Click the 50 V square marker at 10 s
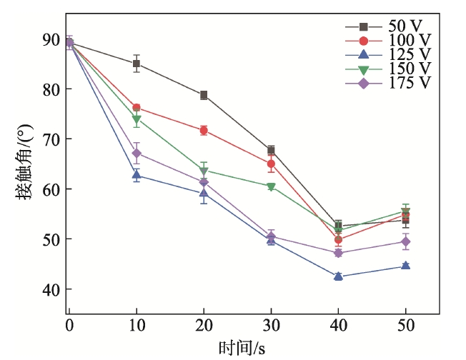tap(137, 64)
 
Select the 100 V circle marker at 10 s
tap(137, 108)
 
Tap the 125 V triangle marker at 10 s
tap(137, 175)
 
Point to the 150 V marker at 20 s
tap(204, 170)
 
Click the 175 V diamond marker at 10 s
tap(137, 154)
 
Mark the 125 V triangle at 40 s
tap(338, 276)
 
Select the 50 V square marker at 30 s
tap(271, 150)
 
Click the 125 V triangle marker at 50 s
tap(405, 266)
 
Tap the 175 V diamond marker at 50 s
tap(405, 242)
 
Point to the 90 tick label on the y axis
tap(51, 39)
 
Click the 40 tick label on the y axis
tap(51, 289)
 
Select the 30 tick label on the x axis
tap(271, 326)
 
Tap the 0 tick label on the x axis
tap(69, 326)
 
